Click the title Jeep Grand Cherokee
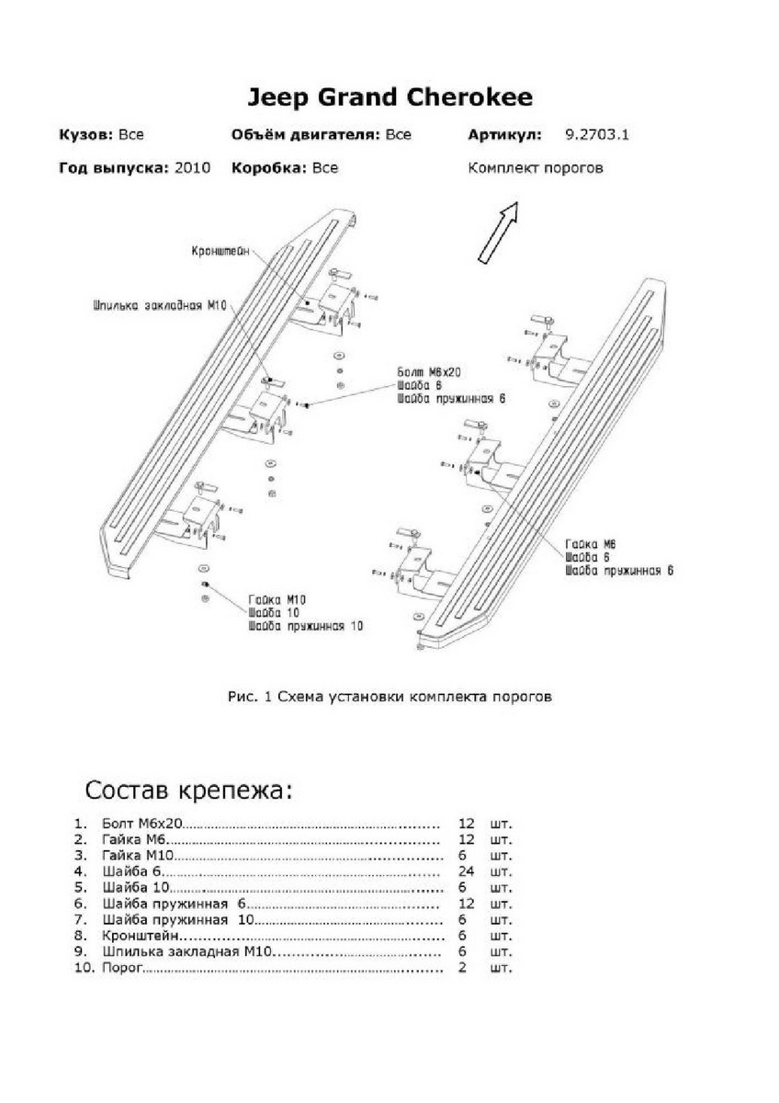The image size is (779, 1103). (x=389, y=97)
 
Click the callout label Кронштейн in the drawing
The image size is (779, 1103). (x=221, y=250)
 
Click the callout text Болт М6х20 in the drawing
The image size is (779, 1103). (x=428, y=371)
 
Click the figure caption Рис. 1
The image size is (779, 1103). (x=389, y=697)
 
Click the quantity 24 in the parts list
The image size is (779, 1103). (x=466, y=870)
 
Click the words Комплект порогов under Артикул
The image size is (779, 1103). (x=536, y=168)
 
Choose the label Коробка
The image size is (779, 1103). (x=269, y=168)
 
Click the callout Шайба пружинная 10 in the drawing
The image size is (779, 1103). (x=305, y=626)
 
